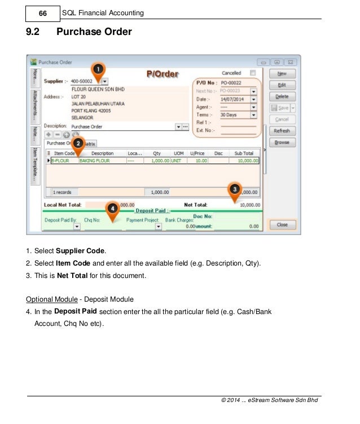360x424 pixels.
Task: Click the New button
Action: click(x=282, y=73)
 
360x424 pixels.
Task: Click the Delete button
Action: click(x=282, y=96)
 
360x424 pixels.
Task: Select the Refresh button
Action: click(x=282, y=131)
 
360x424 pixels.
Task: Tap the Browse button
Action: click(x=282, y=143)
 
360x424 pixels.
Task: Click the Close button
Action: click(x=282, y=224)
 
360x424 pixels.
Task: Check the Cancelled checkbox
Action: click(x=252, y=73)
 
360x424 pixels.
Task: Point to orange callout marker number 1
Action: click(x=97, y=69)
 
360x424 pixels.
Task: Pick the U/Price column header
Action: click(x=197, y=153)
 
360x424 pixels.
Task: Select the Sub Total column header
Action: click(x=244, y=153)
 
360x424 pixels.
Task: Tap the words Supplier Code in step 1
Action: click(x=81, y=250)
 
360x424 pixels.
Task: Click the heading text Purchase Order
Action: click(x=94, y=32)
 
